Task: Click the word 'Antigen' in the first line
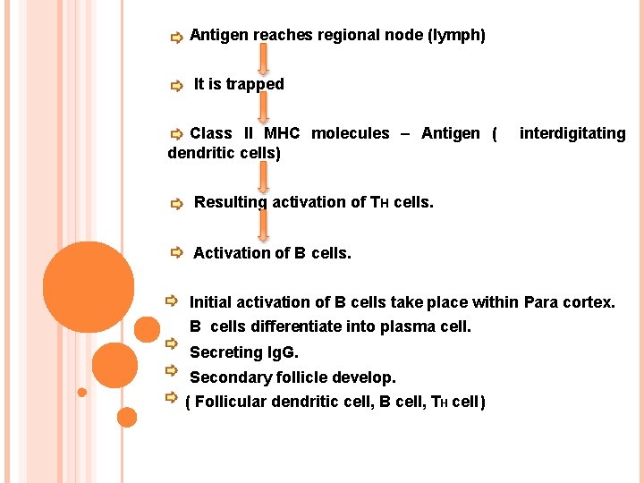[219, 36]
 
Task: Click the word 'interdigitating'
[572, 133]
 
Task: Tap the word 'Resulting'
[230, 202]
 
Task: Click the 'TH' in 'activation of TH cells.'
[379, 202]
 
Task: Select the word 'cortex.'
[589, 302]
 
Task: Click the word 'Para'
[540, 302]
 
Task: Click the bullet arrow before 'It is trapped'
[176, 87]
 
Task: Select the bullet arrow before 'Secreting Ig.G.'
[171, 344]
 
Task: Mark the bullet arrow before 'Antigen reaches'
[176, 38]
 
